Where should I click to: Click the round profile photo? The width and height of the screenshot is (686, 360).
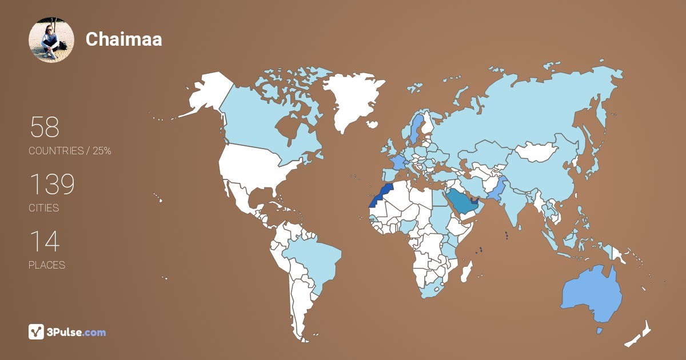pos(51,39)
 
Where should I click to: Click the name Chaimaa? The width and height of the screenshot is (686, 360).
pos(123,39)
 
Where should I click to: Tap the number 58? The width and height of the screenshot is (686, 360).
pos(45,127)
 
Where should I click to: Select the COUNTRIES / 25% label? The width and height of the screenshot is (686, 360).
pos(70,151)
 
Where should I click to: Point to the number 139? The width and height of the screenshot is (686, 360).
pos(52,185)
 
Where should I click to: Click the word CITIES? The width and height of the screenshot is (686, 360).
pos(44,208)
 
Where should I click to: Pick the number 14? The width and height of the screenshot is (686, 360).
pos(44,242)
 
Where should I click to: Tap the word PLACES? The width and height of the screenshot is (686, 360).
pos(47,265)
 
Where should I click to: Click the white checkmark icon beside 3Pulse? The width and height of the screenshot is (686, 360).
pos(37,332)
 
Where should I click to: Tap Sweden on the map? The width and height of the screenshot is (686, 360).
pos(416,129)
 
